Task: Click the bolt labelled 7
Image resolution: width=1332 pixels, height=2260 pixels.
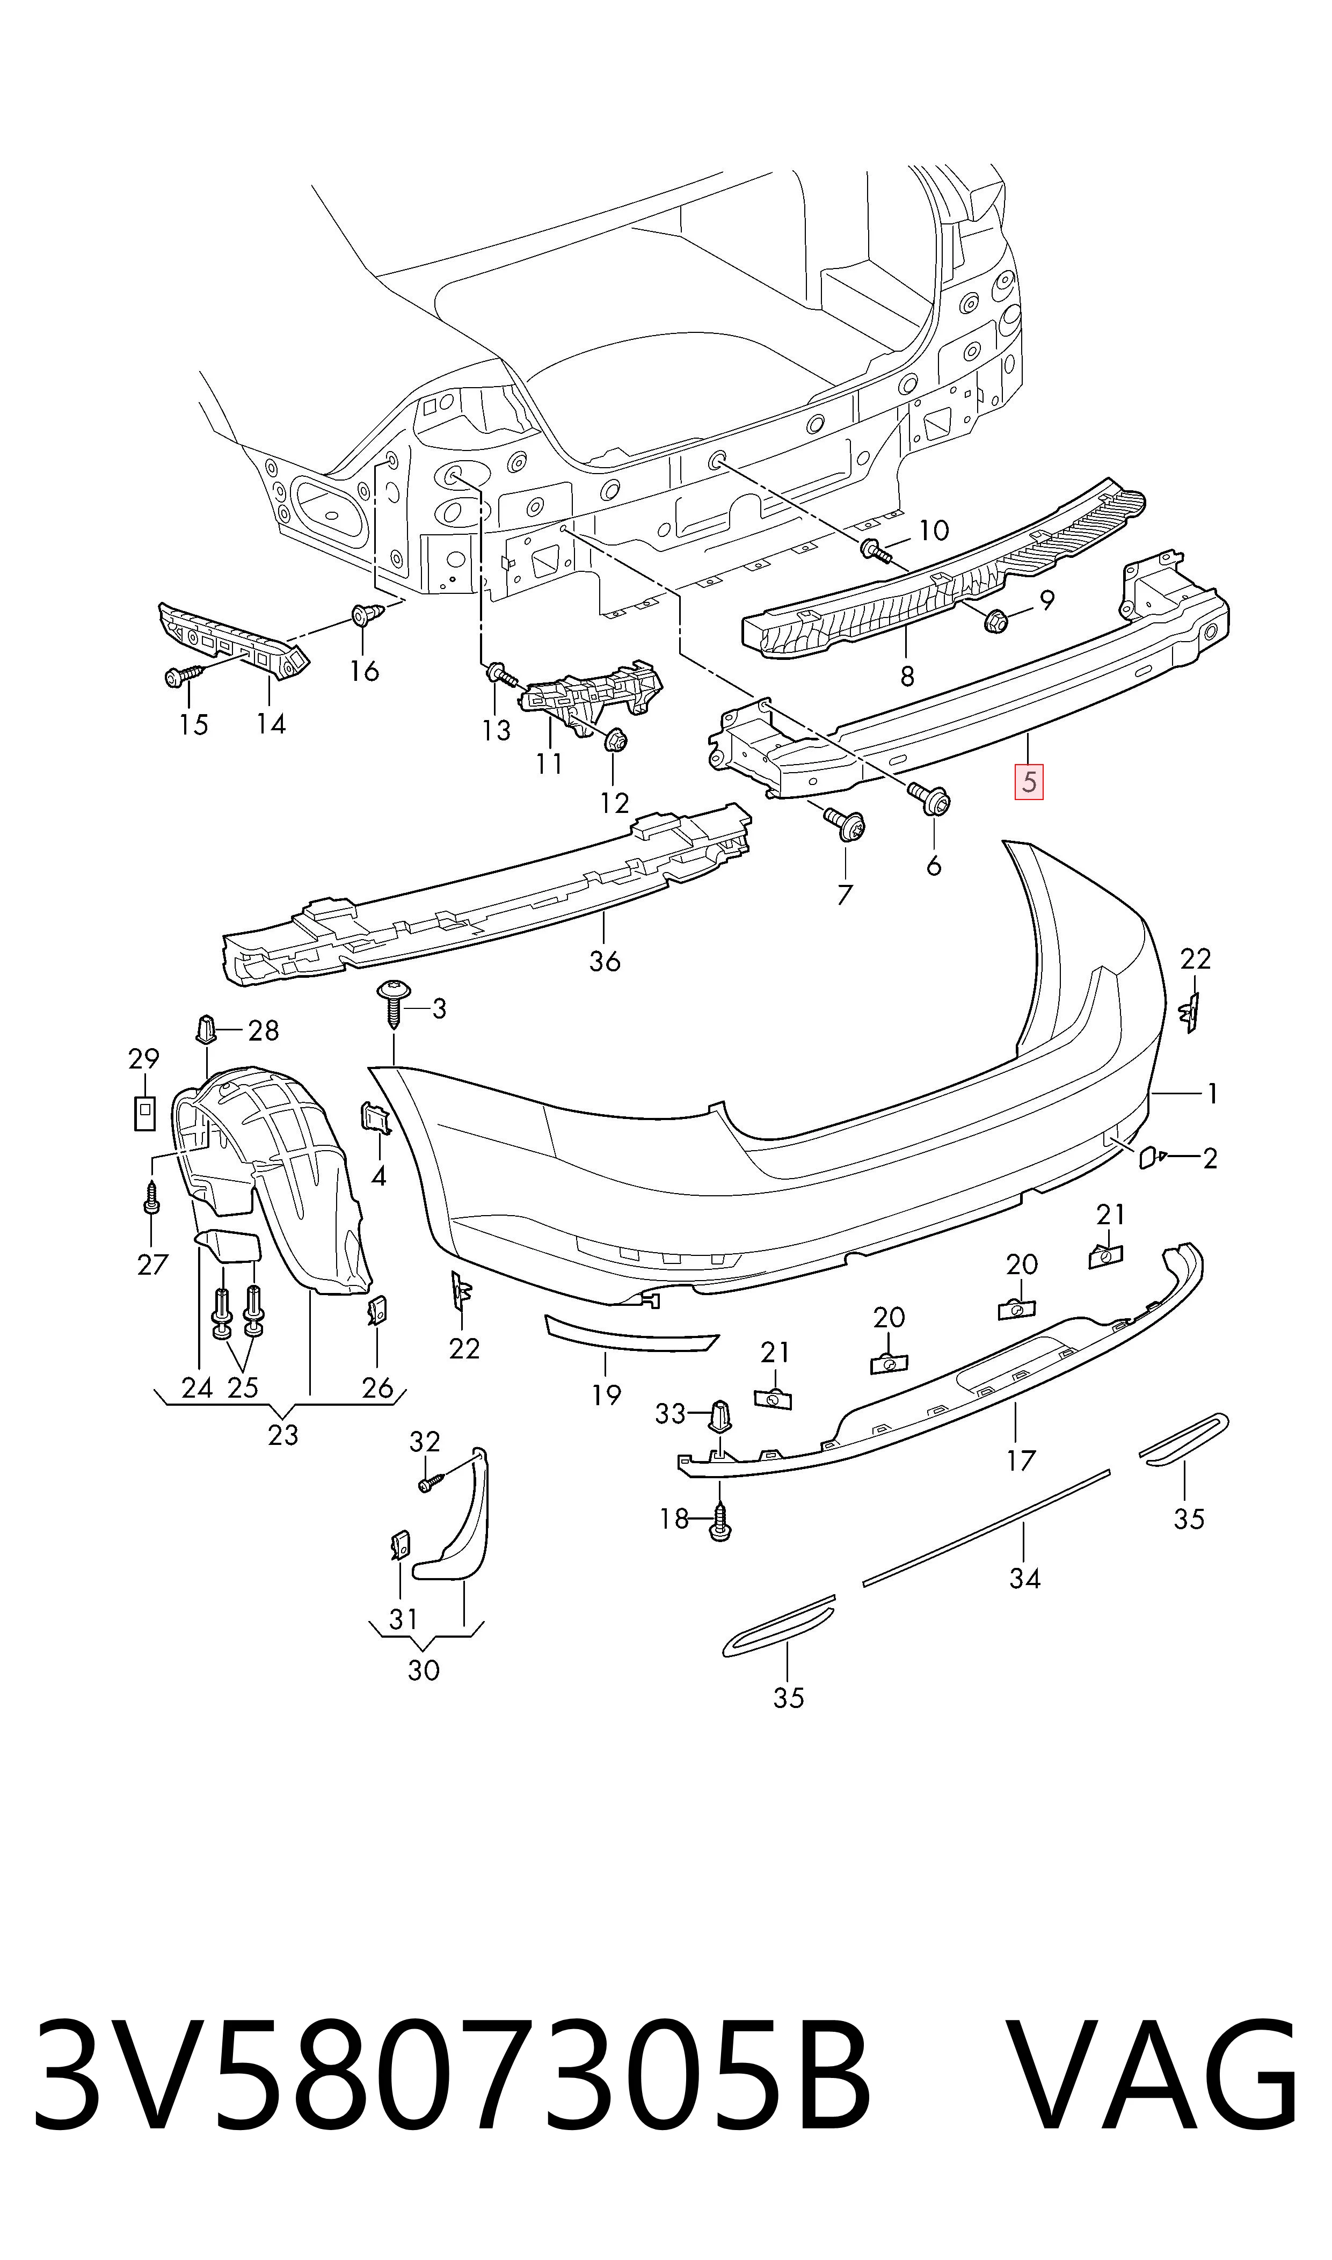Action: click(845, 823)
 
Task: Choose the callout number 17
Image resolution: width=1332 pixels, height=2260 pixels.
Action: click(1021, 1461)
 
